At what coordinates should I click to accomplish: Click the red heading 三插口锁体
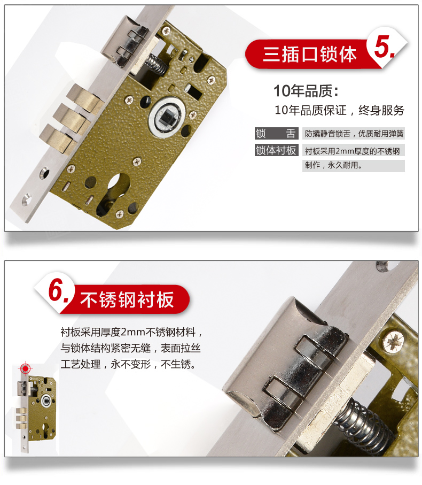(x=309, y=54)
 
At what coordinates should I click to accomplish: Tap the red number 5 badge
(x=384, y=47)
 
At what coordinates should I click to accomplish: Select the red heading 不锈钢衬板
(x=127, y=299)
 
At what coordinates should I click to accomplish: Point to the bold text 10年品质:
(x=306, y=91)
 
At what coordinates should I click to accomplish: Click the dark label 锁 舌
(x=276, y=133)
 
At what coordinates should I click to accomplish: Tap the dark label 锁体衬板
(x=276, y=150)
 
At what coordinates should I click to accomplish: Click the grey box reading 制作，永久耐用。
(x=354, y=166)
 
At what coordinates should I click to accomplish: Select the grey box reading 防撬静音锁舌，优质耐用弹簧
(x=354, y=134)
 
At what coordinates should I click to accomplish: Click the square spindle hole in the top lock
(x=167, y=117)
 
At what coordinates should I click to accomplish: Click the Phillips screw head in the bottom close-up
(x=393, y=341)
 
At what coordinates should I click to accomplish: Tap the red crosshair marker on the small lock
(x=25, y=369)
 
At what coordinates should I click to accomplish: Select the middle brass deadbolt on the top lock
(x=71, y=118)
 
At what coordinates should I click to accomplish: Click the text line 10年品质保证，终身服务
(x=339, y=110)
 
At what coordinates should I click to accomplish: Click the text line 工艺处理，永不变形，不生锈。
(x=128, y=364)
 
